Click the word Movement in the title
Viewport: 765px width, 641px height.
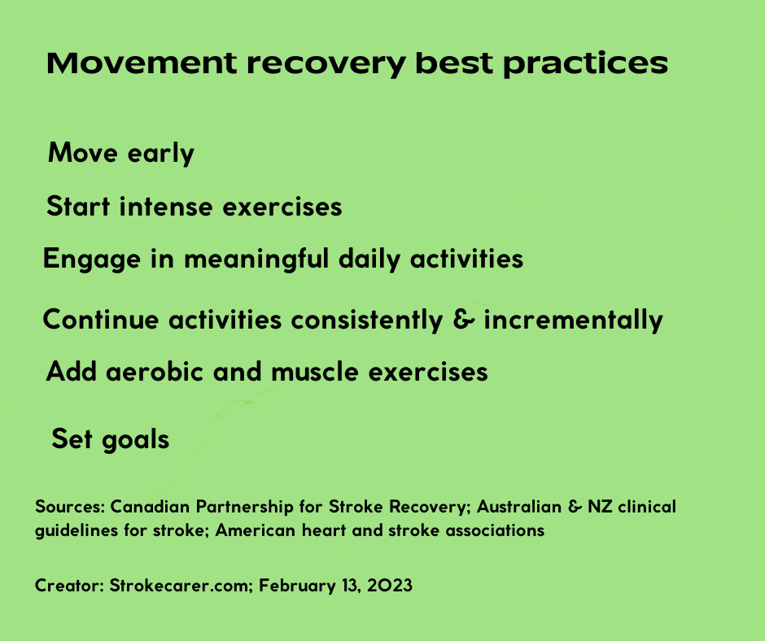pyautogui.click(x=142, y=63)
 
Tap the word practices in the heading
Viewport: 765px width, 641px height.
pyautogui.click(x=585, y=65)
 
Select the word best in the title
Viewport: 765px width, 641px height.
pyautogui.click(x=454, y=63)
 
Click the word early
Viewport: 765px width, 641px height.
pyautogui.click(x=161, y=154)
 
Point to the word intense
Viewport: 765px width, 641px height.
pyautogui.click(x=166, y=207)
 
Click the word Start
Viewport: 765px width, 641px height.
pyautogui.click(x=78, y=207)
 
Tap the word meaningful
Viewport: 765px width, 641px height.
pyautogui.click(x=256, y=259)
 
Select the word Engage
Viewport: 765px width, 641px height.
pyautogui.click(x=92, y=259)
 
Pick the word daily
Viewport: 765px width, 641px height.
pyautogui.click(x=369, y=259)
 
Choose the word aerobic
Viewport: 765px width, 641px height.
pyautogui.click(x=154, y=372)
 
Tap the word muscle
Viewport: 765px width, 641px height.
pyautogui.click(x=315, y=372)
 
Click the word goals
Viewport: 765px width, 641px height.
pyautogui.click(x=135, y=440)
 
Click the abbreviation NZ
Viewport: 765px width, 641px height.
pyautogui.click(x=600, y=507)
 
